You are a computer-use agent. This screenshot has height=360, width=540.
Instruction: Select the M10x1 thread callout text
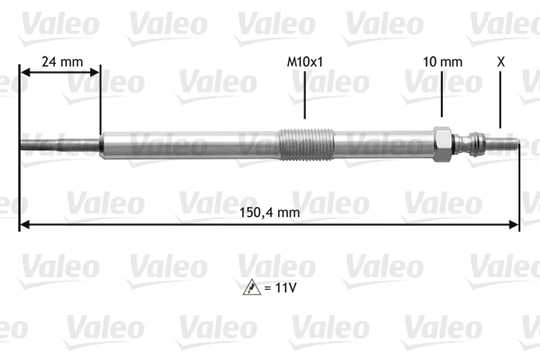click(304, 62)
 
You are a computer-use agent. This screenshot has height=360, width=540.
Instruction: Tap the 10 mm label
click(443, 62)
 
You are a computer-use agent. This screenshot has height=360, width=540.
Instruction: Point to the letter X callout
click(500, 62)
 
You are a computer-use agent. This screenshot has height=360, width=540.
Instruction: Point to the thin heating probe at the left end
click(58, 144)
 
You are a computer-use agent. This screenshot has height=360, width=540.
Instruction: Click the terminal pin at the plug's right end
click(504, 142)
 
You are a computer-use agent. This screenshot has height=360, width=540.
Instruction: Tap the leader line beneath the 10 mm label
click(443, 97)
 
